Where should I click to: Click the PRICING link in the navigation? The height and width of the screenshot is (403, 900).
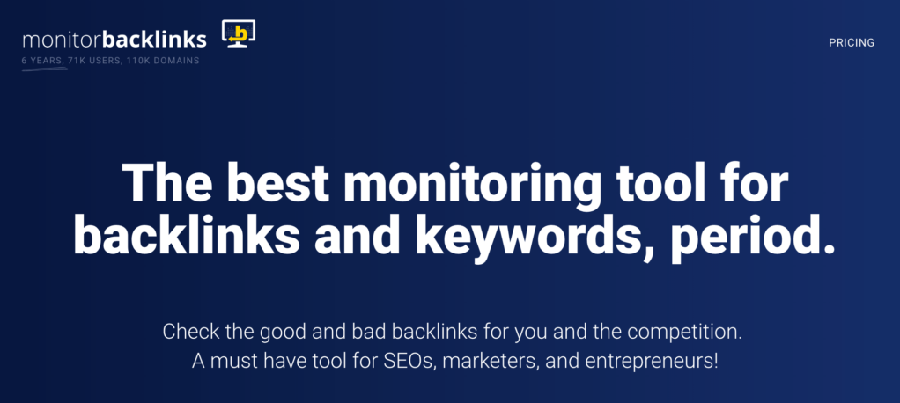pyautogui.click(x=851, y=42)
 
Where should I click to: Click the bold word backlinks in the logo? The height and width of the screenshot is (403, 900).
pyautogui.click(x=154, y=40)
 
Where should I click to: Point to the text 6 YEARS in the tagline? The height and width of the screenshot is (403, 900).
pyautogui.click(x=41, y=60)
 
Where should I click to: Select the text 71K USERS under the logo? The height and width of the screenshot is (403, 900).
pyautogui.click(x=91, y=60)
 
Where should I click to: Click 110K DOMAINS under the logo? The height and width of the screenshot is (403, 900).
pyautogui.click(x=161, y=60)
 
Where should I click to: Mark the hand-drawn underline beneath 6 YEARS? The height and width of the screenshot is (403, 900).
pyautogui.click(x=44, y=68)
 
